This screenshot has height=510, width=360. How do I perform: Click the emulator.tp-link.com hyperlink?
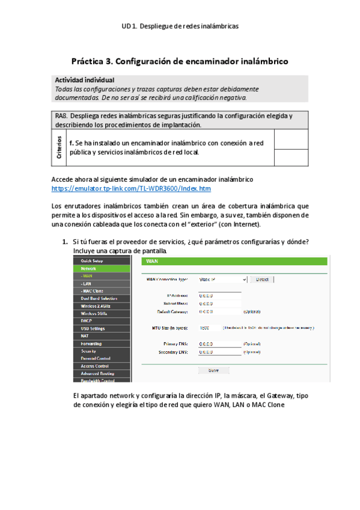point(131,188)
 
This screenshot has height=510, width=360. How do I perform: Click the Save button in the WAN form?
point(213,370)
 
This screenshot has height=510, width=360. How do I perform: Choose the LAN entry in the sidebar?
point(87,283)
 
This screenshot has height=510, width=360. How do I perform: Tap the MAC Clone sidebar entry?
point(92,290)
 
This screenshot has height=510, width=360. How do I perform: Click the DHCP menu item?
point(87,321)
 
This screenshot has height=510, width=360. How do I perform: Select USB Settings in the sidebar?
point(93,328)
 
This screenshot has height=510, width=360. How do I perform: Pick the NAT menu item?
point(85,336)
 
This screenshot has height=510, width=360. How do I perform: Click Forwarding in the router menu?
point(92,343)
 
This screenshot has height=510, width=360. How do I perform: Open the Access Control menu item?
point(94,366)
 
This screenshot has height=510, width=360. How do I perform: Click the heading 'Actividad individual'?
point(85,80)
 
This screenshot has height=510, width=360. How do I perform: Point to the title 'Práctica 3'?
point(180,61)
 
